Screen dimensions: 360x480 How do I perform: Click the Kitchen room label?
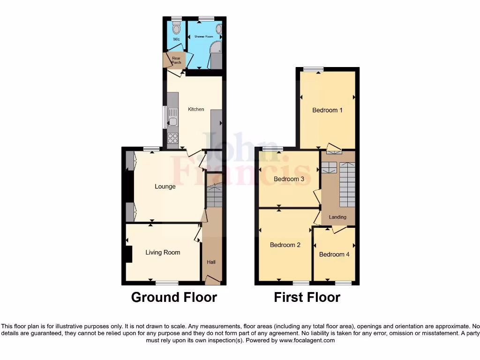tap(196, 109)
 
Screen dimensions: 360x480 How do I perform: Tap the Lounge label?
tap(165, 187)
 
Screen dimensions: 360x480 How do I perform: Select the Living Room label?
tap(163, 252)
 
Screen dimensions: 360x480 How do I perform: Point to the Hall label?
tap(211, 262)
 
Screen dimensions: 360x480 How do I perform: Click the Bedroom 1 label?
tap(328, 110)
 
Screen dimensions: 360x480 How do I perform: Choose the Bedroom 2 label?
tap(285, 245)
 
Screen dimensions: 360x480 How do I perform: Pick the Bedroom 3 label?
tap(289, 179)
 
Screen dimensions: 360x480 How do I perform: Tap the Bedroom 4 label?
tap(334, 254)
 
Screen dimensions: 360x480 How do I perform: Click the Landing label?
tap(337, 217)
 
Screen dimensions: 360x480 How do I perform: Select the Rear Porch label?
tap(176, 60)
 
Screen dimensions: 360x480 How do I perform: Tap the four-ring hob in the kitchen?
tap(172, 138)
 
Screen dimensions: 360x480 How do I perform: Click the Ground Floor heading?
tap(174, 297)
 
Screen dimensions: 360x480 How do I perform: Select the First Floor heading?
tap(307, 297)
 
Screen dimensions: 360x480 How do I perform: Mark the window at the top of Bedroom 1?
tap(313, 69)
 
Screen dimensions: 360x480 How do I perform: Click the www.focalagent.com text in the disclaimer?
tap(307, 340)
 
